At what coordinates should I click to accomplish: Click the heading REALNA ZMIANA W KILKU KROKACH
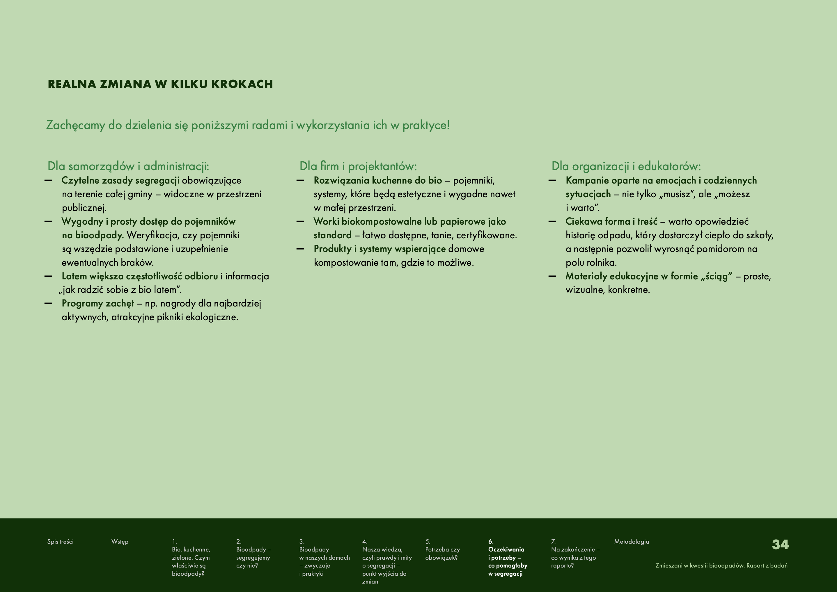tap(160, 84)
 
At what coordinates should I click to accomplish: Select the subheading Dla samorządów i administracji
tap(128, 166)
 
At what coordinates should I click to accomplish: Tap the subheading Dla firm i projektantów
tap(358, 166)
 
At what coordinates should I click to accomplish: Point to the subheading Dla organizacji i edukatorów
tap(626, 166)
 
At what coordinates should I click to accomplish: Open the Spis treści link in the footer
tap(60, 542)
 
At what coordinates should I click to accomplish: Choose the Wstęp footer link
tap(120, 542)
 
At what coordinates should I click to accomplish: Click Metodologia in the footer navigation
tap(632, 542)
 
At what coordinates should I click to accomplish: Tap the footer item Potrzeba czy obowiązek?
tap(442, 553)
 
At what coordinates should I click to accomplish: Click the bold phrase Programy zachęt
tap(98, 303)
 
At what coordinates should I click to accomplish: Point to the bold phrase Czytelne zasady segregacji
tap(120, 180)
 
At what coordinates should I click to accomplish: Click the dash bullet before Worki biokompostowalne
tap(300, 221)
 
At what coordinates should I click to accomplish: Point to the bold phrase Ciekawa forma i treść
tap(611, 221)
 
